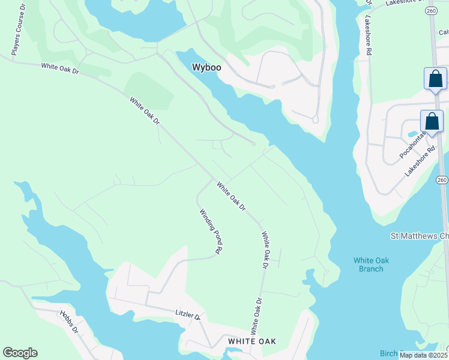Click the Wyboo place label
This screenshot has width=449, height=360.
tap(206, 68)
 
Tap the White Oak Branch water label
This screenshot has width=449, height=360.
tap(368, 265)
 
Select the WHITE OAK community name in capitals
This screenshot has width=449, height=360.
tap(252, 341)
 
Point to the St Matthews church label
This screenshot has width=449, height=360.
tap(419, 236)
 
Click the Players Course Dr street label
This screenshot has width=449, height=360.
tap(18, 29)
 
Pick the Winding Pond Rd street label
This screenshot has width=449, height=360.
tap(211, 230)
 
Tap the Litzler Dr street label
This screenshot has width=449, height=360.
tap(187, 314)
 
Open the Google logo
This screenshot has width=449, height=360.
tap(20, 353)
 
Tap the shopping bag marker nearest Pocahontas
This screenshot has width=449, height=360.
tap(432, 121)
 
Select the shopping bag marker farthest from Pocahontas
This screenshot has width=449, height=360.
tap(435, 79)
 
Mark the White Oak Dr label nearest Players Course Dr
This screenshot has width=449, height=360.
tap(60, 70)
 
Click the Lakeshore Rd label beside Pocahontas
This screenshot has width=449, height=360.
tap(419, 162)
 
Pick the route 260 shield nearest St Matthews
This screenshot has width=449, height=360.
tap(442, 180)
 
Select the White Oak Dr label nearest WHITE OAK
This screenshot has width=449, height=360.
tap(256, 316)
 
